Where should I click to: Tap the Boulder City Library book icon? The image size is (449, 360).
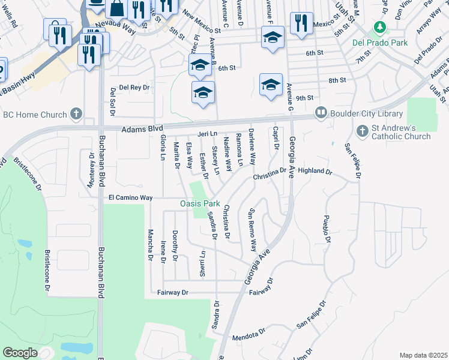pyautogui.click(x=321, y=113)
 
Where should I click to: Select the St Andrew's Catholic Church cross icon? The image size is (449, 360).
pyautogui.click(x=363, y=130)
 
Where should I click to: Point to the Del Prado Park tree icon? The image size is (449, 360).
pyautogui.click(x=379, y=27)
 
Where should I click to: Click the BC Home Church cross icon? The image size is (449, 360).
pyautogui.click(x=76, y=113)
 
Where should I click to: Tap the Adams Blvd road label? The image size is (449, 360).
pyautogui.click(x=142, y=128)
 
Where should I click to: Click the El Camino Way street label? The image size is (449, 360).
pyautogui.click(x=131, y=197)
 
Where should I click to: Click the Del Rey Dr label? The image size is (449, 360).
pyautogui.click(x=134, y=87)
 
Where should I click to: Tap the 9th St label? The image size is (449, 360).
pyautogui.click(x=305, y=97)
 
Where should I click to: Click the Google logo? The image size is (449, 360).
pyautogui.click(x=20, y=353)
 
